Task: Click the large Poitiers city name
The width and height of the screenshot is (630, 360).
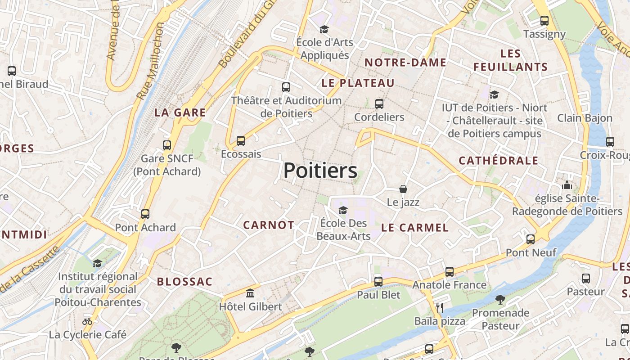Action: pos(320,171)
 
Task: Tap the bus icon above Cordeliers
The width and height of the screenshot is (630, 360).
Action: pos(379,104)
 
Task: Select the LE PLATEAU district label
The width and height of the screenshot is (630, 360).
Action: pos(358,83)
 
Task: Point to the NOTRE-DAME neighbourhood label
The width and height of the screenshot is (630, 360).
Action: pos(405,63)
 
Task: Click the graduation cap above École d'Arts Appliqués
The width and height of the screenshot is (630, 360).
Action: pos(324,30)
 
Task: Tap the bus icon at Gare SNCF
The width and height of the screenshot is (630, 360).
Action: pos(167,145)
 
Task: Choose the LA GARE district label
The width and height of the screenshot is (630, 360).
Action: pos(180,112)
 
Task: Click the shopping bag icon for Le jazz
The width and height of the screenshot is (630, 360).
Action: pos(403,189)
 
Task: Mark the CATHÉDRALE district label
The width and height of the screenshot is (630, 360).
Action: pos(498,161)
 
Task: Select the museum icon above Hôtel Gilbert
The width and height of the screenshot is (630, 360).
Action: pos(250,293)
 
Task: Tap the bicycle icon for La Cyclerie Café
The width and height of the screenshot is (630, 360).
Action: pos(87,321)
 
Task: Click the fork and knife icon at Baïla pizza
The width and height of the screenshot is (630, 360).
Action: pos(440,308)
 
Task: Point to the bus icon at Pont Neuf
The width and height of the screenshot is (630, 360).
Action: pos(531,239)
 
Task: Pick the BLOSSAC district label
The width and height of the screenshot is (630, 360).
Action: pos(184,282)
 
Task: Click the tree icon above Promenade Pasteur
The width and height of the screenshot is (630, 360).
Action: pos(500,299)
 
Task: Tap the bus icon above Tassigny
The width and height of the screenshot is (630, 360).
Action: pos(544,21)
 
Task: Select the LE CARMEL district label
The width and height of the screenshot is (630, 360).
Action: pos(414,228)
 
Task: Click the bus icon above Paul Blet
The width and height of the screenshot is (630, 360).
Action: pos(378,282)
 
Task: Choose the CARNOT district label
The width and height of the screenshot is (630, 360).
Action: pos(269,225)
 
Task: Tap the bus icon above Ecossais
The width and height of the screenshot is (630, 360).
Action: pos(241,141)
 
